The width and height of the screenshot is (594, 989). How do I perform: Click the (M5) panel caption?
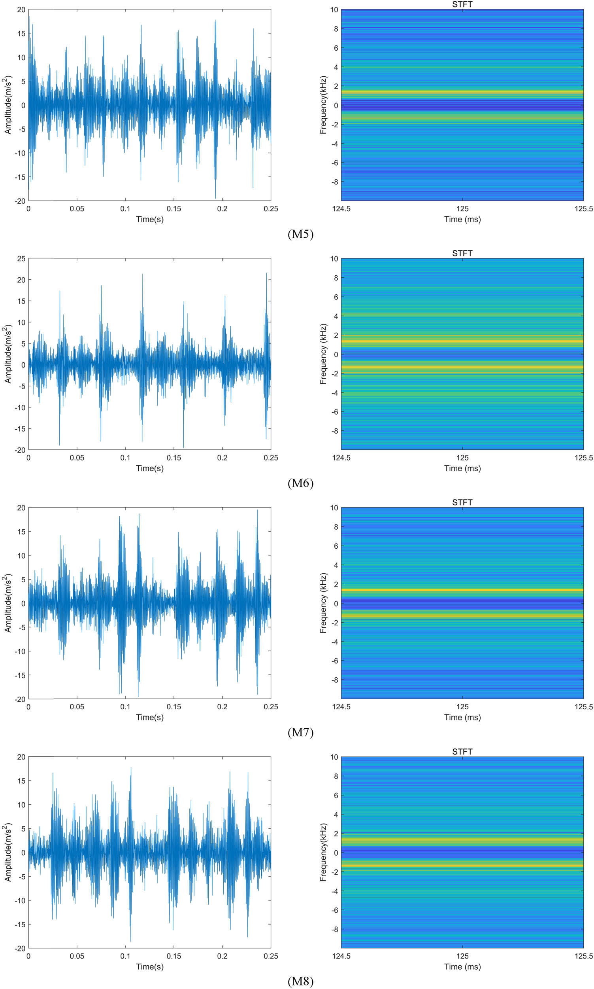[300, 234]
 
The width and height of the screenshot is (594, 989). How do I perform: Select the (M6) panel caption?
[300, 483]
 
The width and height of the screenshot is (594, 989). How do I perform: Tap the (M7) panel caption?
[300, 733]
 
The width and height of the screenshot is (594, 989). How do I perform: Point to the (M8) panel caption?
[300, 981]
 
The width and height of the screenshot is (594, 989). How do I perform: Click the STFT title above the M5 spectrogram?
[462, 4]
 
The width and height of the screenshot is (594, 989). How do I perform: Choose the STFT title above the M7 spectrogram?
[462, 502]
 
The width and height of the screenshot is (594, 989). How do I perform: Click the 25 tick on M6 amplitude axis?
[21, 259]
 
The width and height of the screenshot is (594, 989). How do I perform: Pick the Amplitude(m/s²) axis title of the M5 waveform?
[8, 105]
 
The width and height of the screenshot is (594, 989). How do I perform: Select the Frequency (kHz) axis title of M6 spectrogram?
[323, 354]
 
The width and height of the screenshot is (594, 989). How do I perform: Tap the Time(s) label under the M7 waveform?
[150, 717]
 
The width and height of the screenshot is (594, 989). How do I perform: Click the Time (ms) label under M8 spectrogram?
[462, 966]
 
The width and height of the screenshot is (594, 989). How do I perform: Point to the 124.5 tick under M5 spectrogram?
[341, 209]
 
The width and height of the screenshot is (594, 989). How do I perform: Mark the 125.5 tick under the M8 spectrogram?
[584, 956]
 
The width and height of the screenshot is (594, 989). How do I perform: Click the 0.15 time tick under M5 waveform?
[174, 209]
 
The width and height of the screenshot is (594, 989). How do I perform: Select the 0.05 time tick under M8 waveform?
[77, 956]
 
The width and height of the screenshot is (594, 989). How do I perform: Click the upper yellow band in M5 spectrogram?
[462, 92]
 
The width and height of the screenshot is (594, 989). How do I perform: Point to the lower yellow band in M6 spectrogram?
[462, 367]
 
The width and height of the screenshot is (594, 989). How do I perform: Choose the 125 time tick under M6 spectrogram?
[462, 458]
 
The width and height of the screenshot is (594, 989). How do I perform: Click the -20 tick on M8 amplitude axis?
[20, 948]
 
